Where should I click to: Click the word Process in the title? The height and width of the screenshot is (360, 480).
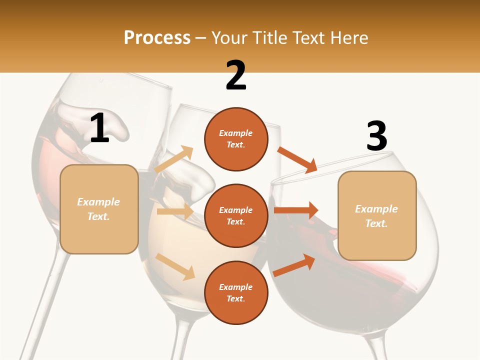157,38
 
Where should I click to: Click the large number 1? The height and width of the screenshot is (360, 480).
99,128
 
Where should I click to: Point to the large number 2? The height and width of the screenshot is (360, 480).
236,75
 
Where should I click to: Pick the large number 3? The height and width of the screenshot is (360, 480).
376,136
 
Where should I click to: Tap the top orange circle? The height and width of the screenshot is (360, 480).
236,139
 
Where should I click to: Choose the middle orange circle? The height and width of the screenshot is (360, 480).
236,215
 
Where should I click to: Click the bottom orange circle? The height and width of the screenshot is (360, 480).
236,292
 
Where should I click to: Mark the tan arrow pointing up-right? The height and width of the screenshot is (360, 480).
174,159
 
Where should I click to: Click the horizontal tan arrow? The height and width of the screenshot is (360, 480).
175,211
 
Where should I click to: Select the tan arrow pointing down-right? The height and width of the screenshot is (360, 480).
175,266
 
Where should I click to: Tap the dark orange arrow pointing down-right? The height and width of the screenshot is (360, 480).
297,159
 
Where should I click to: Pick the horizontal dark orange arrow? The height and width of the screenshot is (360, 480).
296,210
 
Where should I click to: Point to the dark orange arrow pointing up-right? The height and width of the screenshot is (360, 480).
294,265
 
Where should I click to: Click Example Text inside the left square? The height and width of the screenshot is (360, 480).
98,209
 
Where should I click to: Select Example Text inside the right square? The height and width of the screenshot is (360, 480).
376,216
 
